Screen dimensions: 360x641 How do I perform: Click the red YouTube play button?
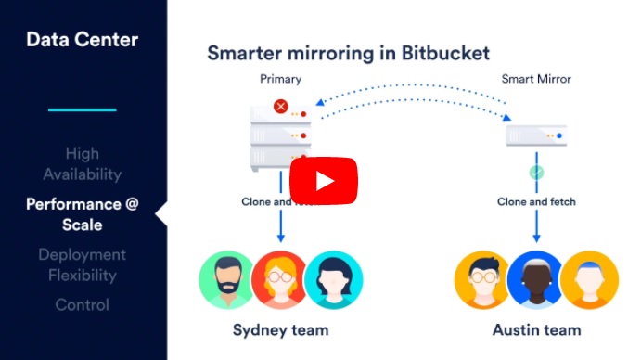pyautogui.click(x=324, y=180)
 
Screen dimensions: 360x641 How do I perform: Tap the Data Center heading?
pyautogui.click(x=82, y=40)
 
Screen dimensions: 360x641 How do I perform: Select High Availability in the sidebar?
pyautogui.click(x=82, y=163)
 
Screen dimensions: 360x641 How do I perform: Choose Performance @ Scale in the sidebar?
pyautogui.click(x=82, y=213)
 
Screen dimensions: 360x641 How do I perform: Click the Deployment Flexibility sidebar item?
pyautogui.click(x=82, y=264)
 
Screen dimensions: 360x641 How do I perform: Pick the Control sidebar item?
pyautogui.click(x=82, y=305)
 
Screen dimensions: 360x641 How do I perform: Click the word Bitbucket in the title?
pyautogui.click(x=440, y=53)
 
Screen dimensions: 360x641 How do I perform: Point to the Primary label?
pyautogui.click(x=280, y=80)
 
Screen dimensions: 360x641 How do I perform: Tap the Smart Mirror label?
pyautogui.click(x=536, y=80)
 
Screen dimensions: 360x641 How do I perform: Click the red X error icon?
pyautogui.click(x=280, y=107)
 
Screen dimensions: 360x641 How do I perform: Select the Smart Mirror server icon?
pyautogui.click(x=536, y=135)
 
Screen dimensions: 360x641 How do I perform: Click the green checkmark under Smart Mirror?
pyautogui.click(x=536, y=173)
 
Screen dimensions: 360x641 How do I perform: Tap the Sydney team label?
pyautogui.click(x=280, y=329)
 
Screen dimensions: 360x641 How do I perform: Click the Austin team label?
pyautogui.click(x=536, y=329)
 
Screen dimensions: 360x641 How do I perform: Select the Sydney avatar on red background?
pyautogui.click(x=280, y=279)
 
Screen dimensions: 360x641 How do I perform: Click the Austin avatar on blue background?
pyautogui.click(x=536, y=279)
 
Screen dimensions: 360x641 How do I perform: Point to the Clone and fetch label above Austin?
pyautogui.click(x=536, y=201)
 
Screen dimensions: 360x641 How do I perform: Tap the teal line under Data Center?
pyautogui.click(x=82, y=110)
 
